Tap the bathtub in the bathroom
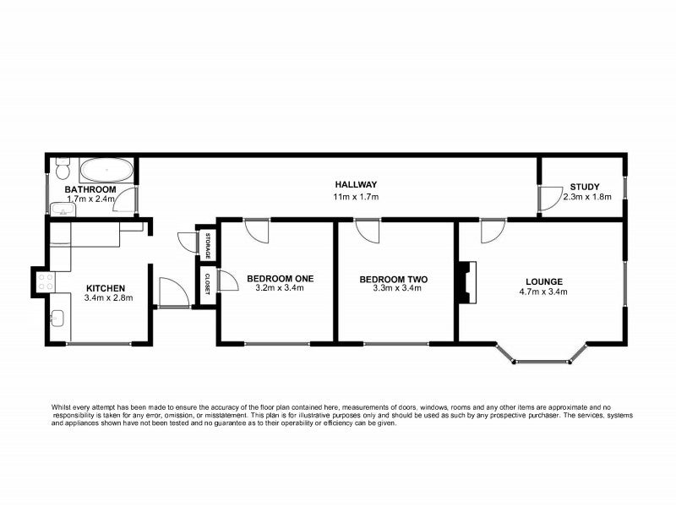[106, 170]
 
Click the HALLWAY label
[356, 185]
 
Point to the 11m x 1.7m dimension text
[356, 197]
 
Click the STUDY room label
[584, 187]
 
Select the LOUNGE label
[544, 281]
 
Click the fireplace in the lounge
[466, 281]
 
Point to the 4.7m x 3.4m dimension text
[544, 292]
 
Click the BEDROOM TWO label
[393, 280]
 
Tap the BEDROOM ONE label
[280, 278]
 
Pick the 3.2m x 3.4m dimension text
[280, 289]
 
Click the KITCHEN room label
[106, 287]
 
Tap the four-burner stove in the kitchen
[46, 281]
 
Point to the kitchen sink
[57, 319]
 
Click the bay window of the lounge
[542, 361]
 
